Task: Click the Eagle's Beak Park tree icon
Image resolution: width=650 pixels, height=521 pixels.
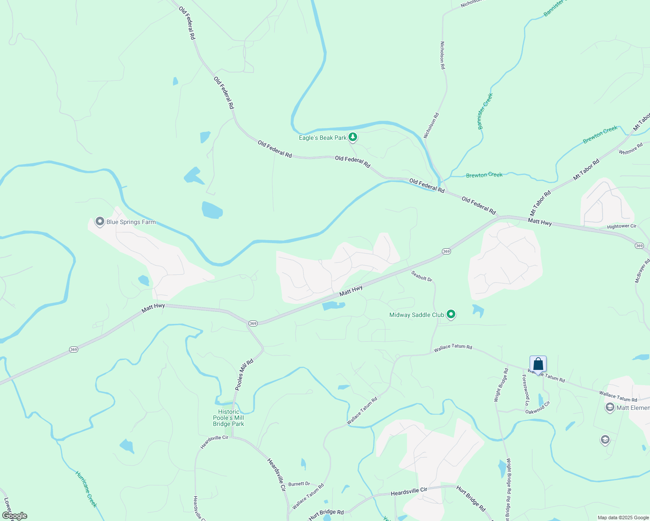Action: click(x=353, y=138)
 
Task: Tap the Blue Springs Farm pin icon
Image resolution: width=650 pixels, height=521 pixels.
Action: click(x=99, y=222)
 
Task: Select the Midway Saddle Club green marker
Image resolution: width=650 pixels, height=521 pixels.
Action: click(x=451, y=314)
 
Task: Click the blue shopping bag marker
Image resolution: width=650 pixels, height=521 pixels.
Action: click(x=538, y=364)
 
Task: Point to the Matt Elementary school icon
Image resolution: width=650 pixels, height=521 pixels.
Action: click(x=610, y=407)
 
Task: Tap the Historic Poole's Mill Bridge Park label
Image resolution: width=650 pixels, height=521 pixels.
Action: click(x=229, y=418)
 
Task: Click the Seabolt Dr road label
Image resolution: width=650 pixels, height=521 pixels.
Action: click(x=422, y=276)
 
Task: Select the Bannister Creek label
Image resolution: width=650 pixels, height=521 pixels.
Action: click(x=485, y=111)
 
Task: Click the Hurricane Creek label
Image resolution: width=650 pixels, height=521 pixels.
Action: click(x=86, y=489)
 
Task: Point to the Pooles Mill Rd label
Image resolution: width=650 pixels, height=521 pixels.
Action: click(x=244, y=375)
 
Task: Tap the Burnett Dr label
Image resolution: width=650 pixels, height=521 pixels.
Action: click(x=299, y=484)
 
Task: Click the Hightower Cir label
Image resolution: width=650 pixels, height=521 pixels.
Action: click(x=621, y=226)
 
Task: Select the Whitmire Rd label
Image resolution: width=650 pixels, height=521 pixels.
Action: click(x=630, y=149)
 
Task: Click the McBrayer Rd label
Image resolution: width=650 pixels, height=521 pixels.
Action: click(x=642, y=270)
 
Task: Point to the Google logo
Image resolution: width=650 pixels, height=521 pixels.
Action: click(x=14, y=516)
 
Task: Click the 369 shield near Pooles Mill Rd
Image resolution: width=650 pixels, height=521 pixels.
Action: click(x=253, y=323)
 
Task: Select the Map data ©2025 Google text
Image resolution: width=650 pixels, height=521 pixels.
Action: click(x=623, y=518)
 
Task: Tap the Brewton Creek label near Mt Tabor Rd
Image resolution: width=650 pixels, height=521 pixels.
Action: click(x=600, y=135)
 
